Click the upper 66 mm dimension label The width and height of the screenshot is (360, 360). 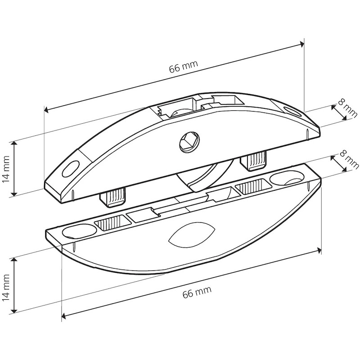tap(184, 67)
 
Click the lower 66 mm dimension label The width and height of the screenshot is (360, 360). tap(197, 292)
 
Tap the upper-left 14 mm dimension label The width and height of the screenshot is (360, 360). tap(6, 169)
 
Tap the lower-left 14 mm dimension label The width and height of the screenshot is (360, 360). tap(6, 288)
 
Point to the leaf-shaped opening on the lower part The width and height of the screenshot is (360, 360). tap(192, 235)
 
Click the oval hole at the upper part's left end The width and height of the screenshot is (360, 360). tap(71, 169)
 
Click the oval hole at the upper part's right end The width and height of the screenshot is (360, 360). tap(292, 111)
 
